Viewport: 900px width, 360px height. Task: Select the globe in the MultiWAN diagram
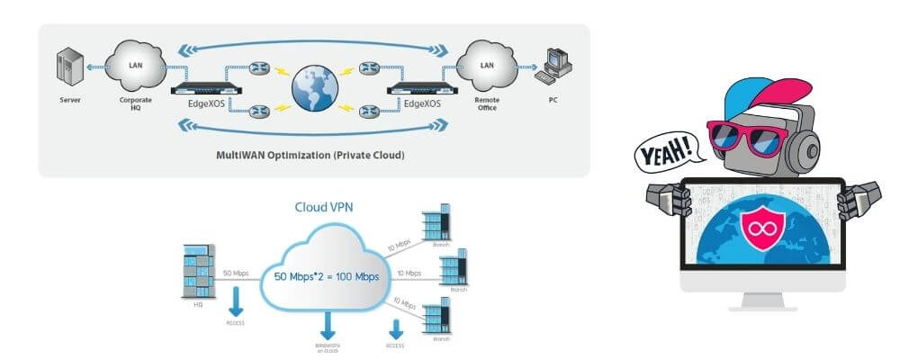tap(313, 86)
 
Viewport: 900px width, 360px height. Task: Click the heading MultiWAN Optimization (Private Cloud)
tap(310, 155)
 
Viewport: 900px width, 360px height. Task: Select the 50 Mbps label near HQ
tap(233, 271)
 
